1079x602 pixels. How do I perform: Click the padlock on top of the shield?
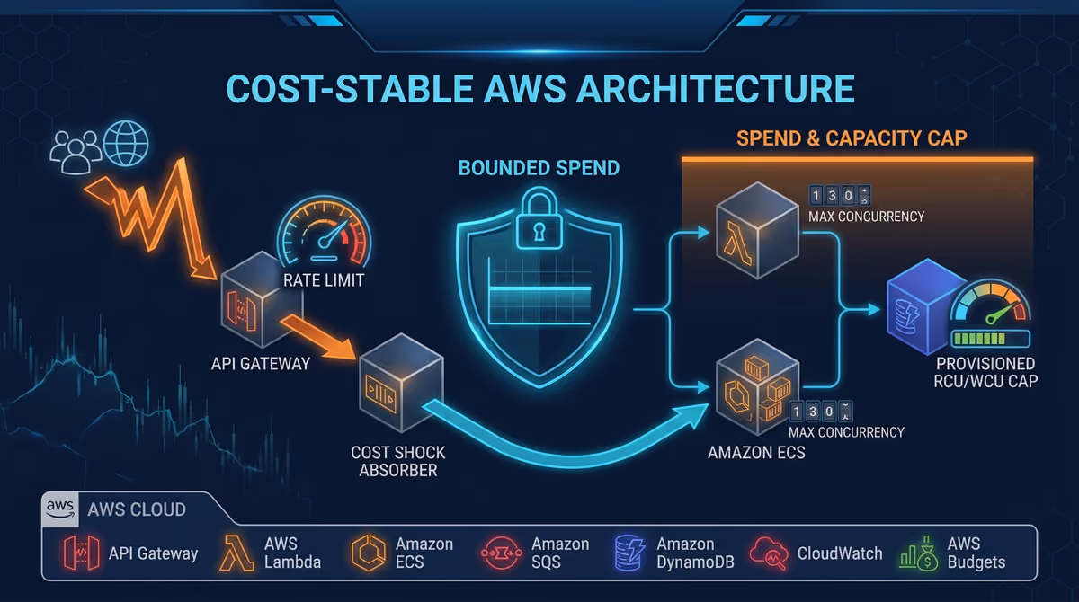click(539, 219)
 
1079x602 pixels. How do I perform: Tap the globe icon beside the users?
click(126, 143)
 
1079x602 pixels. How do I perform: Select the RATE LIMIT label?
click(323, 280)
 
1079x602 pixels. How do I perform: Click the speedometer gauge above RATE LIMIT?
click(325, 231)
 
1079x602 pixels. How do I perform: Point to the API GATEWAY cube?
click(262, 299)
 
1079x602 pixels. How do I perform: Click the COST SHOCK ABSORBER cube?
click(401, 383)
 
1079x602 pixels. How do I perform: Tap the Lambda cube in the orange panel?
click(757, 230)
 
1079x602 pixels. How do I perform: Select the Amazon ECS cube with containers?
click(757, 386)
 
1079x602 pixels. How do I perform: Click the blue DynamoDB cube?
click(924, 306)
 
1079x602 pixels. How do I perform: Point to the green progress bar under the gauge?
click(990, 339)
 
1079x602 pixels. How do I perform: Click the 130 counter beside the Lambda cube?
click(839, 196)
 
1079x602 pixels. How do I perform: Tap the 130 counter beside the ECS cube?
click(820, 412)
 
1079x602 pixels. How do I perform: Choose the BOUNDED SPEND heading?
click(539, 168)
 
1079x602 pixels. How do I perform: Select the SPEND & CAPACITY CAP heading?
click(852, 138)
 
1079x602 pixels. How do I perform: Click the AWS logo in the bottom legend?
click(60, 509)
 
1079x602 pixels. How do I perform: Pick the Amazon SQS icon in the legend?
click(502, 553)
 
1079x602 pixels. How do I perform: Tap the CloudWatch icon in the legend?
click(769, 553)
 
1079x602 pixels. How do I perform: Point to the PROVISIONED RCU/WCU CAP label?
click(985, 372)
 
